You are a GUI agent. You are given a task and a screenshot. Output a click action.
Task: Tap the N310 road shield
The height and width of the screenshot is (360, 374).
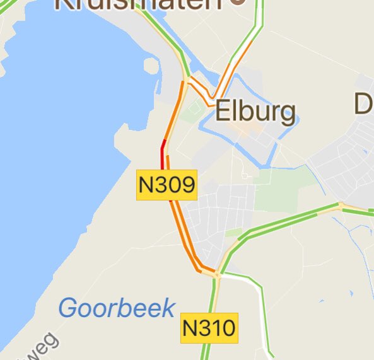pos(209,328)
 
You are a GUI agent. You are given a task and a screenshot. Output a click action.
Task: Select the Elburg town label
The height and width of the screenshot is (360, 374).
pos(255,112)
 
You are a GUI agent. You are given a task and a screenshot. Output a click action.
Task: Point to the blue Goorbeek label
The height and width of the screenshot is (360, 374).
pos(117,308)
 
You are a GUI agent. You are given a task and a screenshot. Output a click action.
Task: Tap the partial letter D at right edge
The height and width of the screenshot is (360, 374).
pos(364,105)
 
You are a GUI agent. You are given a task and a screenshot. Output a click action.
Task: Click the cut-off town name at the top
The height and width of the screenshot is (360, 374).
pos(139,5)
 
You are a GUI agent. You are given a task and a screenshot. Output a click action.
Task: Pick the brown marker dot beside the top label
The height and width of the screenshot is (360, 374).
pos(238,2)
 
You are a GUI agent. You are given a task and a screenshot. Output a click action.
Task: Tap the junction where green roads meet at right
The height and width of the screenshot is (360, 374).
pos(341,206)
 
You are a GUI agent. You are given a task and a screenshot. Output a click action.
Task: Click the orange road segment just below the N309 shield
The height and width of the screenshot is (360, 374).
pos(176,221)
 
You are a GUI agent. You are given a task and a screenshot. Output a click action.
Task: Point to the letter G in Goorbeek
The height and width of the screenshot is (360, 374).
pos(67,308)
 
